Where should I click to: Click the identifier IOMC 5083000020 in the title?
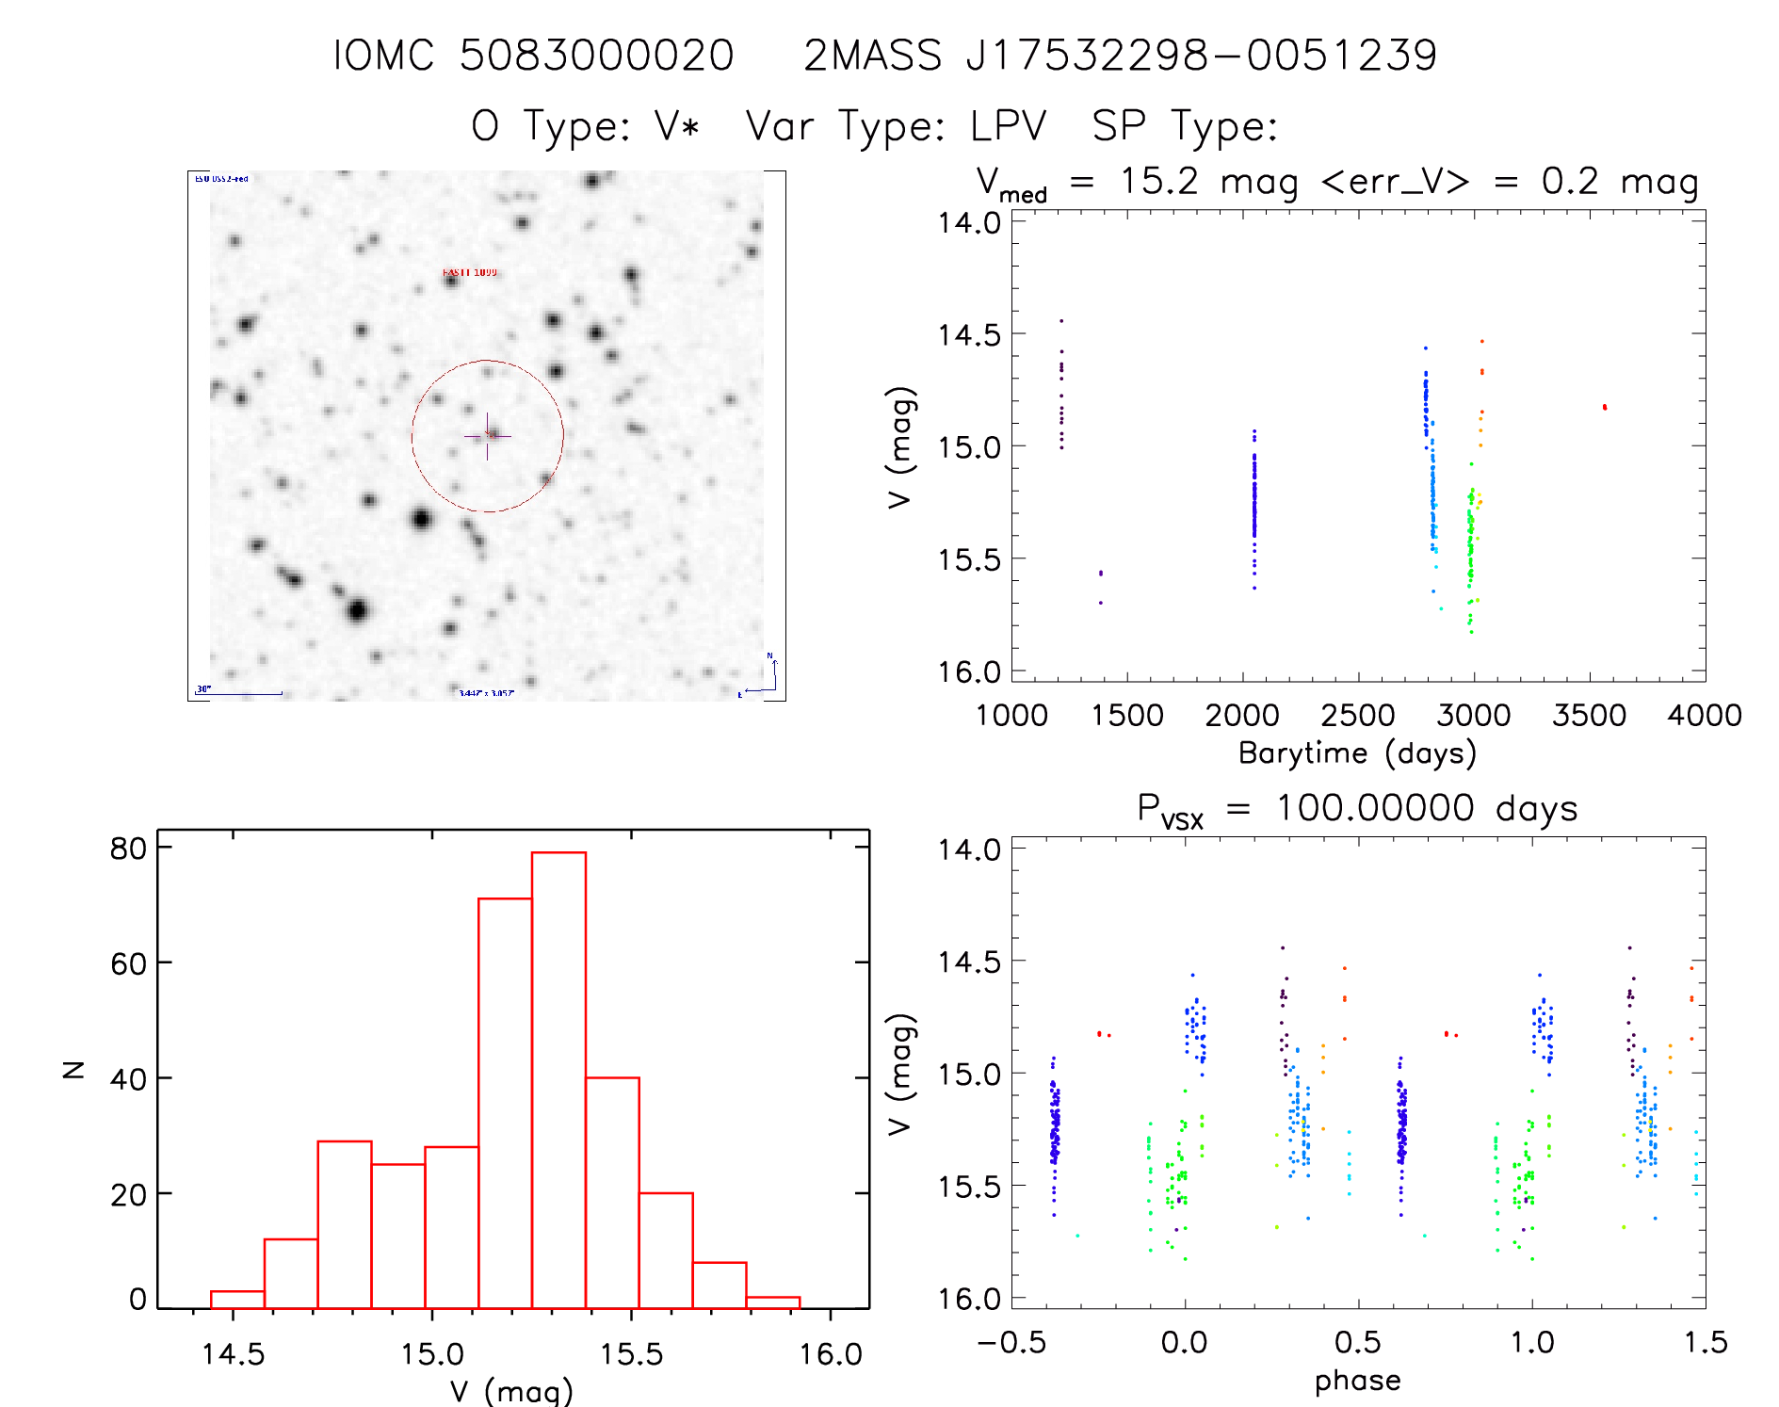point(533,56)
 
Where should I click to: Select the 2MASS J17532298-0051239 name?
point(1120,56)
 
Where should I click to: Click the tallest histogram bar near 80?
point(558,1079)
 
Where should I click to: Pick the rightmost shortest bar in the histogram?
point(772,1302)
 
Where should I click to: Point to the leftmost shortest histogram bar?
point(237,1299)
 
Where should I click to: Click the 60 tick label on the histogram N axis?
point(128,963)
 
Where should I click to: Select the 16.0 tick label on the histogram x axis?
point(831,1354)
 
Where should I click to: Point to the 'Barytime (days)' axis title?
point(1357,753)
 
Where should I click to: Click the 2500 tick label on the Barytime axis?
point(1357,716)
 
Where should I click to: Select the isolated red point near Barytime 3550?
point(1604,407)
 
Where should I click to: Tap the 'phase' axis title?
point(1357,1381)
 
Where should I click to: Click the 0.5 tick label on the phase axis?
point(1357,1342)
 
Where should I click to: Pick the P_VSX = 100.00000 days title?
point(1357,809)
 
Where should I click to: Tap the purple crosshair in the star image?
point(487,436)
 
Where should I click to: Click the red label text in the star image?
point(469,272)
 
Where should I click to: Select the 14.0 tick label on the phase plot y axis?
point(968,849)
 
